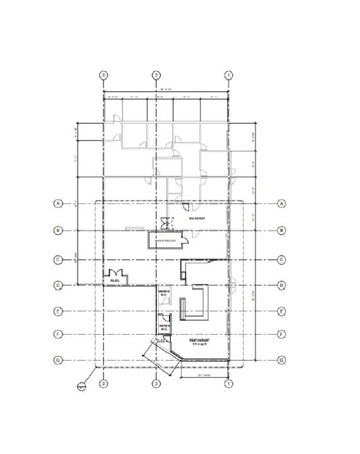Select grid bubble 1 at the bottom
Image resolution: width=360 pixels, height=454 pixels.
229,383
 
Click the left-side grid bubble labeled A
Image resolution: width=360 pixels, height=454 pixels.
57,204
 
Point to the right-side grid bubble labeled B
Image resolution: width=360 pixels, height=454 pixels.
282,230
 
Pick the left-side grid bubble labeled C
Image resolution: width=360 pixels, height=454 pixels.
57,259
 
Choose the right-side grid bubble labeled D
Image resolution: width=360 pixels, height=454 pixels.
282,285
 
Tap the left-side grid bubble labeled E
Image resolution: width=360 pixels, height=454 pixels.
57,311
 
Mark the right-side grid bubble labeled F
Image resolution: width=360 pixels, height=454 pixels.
282,334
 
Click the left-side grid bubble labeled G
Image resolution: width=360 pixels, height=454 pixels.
57,360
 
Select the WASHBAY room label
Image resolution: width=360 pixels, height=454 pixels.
198,218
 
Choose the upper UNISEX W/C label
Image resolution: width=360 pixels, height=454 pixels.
163,293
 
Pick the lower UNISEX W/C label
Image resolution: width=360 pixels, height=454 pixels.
163,327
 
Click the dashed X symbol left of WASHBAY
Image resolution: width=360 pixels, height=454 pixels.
166,222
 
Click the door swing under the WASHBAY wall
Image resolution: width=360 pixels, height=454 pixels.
186,206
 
